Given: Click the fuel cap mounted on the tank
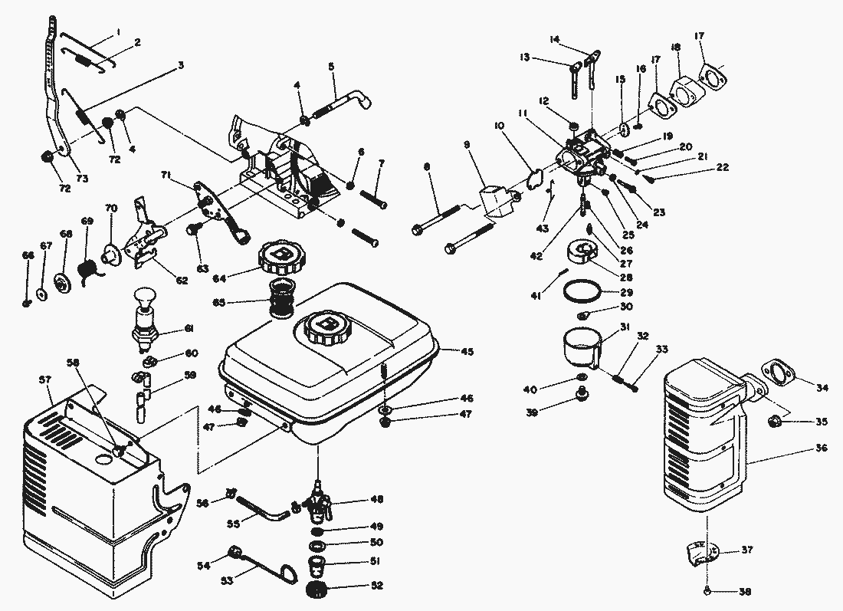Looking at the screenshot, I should [323, 328].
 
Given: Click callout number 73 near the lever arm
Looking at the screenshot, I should [82, 179].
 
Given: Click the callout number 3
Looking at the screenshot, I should [180, 65].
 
